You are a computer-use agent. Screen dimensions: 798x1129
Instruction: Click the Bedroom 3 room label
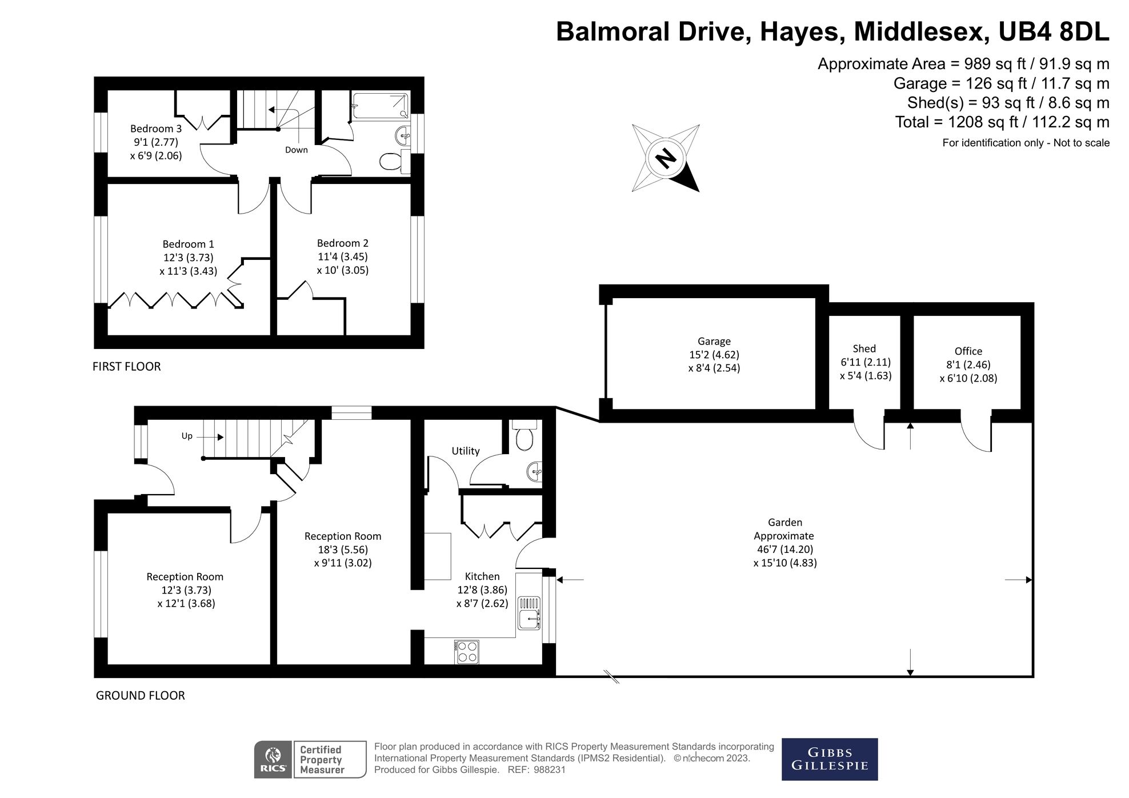click(x=155, y=129)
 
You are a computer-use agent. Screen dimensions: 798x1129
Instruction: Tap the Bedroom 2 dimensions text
click(x=343, y=263)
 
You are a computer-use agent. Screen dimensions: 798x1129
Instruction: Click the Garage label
click(x=714, y=341)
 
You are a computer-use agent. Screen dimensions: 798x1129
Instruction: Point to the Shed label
click(x=864, y=348)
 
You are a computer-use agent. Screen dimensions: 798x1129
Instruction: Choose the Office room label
click(x=968, y=351)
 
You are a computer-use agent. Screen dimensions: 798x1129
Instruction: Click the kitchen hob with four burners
click(x=467, y=652)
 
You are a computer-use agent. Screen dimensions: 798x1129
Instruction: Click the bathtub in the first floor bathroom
click(x=381, y=106)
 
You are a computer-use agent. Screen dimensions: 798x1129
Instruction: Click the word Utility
click(x=465, y=451)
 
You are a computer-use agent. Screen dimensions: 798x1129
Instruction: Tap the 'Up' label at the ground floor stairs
click(x=187, y=436)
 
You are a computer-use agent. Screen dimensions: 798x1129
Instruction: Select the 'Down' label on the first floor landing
click(x=296, y=150)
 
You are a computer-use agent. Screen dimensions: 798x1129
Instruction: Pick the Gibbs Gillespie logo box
click(x=829, y=759)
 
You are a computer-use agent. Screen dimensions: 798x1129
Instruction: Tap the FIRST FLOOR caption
click(x=126, y=366)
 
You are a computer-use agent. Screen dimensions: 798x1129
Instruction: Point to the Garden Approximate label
click(x=784, y=529)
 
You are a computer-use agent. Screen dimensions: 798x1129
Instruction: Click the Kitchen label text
click(x=482, y=576)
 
